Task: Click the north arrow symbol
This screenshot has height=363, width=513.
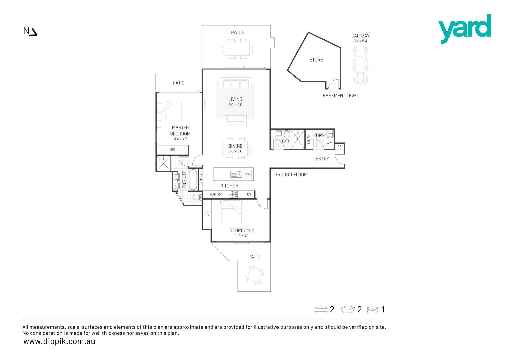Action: pos(30,32)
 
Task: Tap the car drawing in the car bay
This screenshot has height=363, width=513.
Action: pos(360,65)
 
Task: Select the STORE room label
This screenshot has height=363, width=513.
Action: pos(316,60)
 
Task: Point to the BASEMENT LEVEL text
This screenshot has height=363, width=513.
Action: pos(341,96)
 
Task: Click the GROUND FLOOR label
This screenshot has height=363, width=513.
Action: pos(291,175)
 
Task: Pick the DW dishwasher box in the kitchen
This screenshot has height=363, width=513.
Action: pos(248,174)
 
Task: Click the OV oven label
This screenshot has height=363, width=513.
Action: pos(249,194)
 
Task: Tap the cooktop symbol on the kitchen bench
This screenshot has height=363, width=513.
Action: pos(233,194)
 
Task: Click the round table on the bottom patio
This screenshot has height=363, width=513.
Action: pos(254,275)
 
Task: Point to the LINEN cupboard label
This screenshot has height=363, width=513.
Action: pos(309,139)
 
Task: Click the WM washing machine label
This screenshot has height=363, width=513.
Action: pos(329,143)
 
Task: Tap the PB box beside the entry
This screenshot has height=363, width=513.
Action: pos(339,147)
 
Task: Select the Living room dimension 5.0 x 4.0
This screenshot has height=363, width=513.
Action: pos(235,105)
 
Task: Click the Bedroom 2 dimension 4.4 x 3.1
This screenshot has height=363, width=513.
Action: pos(242,235)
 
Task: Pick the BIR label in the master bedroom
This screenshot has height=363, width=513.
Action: pos(172,149)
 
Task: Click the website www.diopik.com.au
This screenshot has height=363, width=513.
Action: pos(59,341)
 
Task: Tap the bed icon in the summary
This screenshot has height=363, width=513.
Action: pos(321,309)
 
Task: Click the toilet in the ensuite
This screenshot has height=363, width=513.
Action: pos(196,197)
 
